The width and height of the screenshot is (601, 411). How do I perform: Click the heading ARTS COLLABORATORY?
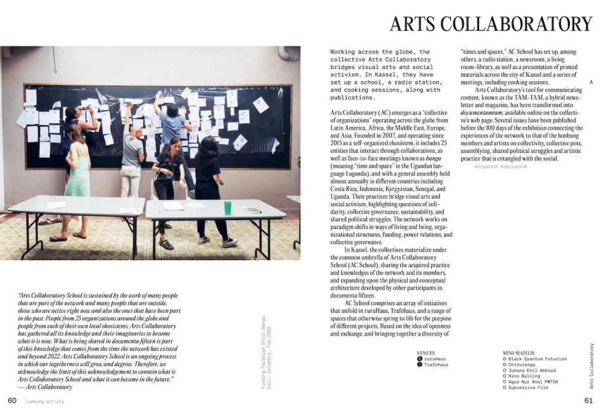tap(491, 24)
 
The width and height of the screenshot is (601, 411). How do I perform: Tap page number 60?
tap(12, 401)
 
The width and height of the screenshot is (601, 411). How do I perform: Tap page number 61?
tap(588, 401)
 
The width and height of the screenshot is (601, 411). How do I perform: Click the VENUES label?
tap(425, 353)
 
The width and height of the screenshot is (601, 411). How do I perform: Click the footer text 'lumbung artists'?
tap(44, 401)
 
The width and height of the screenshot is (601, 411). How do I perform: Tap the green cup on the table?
tap(228, 207)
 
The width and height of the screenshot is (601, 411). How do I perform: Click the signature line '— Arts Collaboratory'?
tap(45, 386)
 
